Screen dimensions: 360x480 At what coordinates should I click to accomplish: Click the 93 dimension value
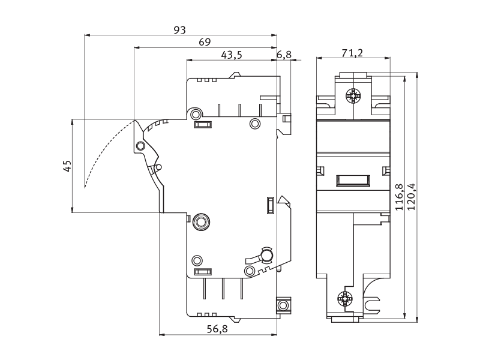pyautogui.click(x=179, y=30)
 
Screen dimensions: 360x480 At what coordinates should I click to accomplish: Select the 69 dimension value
pyautogui.click(x=205, y=42)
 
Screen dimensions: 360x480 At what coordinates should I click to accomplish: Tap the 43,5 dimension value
pyautogui.click(x=231, y=55)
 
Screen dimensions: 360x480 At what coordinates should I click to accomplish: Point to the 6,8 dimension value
pyautogui.click(x=284, y=55)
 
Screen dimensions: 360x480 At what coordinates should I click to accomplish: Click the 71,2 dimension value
pyautogui.click(x=352, y=53)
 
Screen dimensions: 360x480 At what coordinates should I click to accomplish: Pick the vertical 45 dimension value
pyautogui.click(x=67, y=166)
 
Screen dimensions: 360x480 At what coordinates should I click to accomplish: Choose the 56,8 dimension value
pyautogui.click(x=217, y=329)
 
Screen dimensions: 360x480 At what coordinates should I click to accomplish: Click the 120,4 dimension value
pyautogui.click(x=412, y=197)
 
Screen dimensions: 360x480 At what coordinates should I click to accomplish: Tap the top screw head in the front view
pyautogui.click(x=353, y=95)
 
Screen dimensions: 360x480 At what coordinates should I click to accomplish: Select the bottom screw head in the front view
pyautogui.click(x=344, y=298)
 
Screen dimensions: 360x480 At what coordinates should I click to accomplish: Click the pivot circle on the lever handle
pyautogui.click(x=140, y=145)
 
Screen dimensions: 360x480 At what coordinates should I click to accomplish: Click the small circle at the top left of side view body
pyautogui.click(x=196, y=114)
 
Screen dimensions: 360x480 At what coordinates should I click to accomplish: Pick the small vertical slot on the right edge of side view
pyautogui.click(x=271, y=205)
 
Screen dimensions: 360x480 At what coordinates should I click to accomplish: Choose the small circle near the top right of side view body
pyautogui.click(x=255, y=124)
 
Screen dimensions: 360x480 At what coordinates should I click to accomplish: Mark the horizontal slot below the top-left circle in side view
pyautogui.click(x=203, y=125)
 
